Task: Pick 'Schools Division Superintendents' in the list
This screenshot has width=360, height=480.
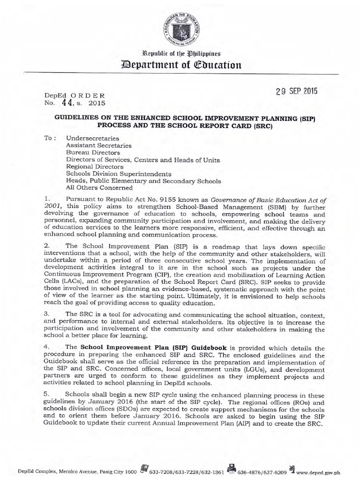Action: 119,173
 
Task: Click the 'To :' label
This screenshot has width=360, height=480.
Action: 49,139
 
